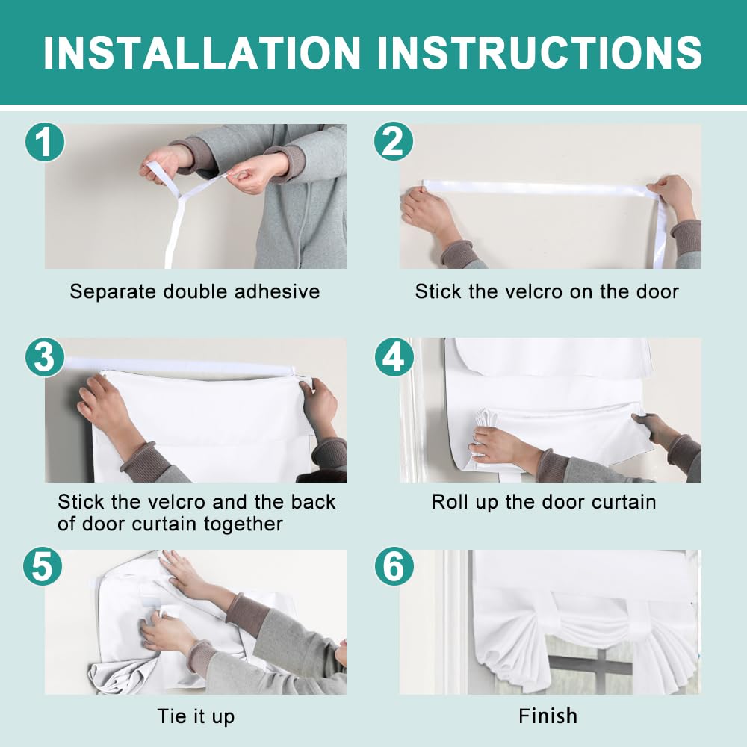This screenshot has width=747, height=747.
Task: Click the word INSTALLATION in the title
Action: click(202, 52)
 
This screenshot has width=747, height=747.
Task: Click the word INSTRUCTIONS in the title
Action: click(540, 52)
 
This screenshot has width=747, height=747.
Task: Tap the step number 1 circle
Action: click(45, 141)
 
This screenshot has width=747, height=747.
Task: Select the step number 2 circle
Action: click(394, 141)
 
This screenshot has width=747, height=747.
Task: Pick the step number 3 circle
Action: click(45, 357)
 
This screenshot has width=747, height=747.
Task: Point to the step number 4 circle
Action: click(394, 357)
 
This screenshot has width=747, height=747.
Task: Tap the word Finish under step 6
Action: click(548, 716)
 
